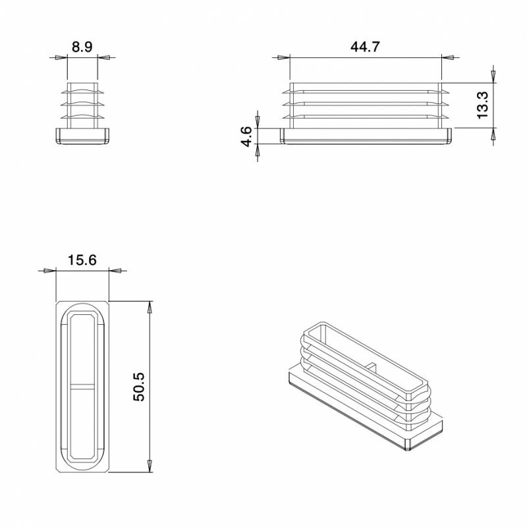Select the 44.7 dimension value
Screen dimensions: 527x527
[x=365, y=47]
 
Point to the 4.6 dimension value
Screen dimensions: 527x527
[x=246, y=136]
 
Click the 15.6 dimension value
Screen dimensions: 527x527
[x=82, y=260]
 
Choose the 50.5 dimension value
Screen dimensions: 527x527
[x=138, y=387]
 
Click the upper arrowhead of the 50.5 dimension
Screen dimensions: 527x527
[x=150, y=307]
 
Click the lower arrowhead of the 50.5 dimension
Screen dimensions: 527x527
[x=150, y=466]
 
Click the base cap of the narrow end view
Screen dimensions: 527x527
[x=82, y=136]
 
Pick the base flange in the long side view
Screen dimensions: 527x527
[x=367, y=136]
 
